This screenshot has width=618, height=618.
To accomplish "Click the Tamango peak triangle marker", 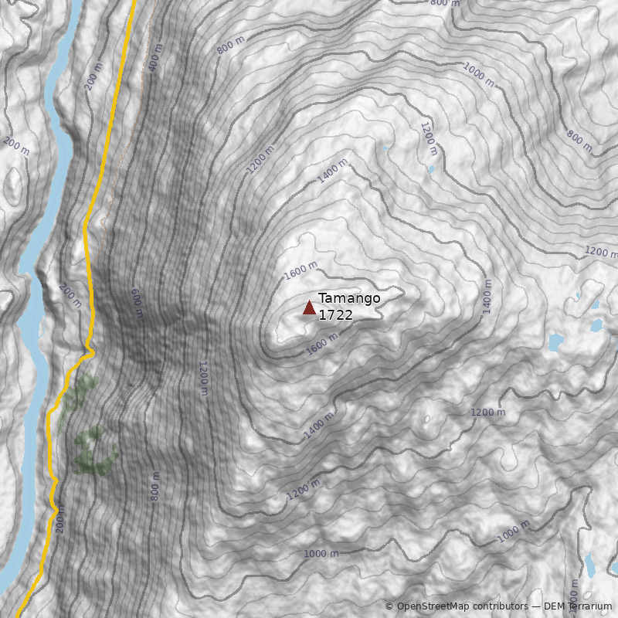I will point(309,308).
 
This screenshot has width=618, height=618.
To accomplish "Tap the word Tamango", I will point(349,299).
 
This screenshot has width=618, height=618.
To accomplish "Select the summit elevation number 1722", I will point(335,315).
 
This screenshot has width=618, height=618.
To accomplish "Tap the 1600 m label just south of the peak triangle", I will point(322,343).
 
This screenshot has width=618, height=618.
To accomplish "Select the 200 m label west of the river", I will point(16,146).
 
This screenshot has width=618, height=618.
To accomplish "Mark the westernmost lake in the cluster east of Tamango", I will point(555,341).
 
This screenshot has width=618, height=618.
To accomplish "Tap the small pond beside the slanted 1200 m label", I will point(431,169).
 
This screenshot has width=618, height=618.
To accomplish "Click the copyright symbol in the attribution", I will point(389,606).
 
